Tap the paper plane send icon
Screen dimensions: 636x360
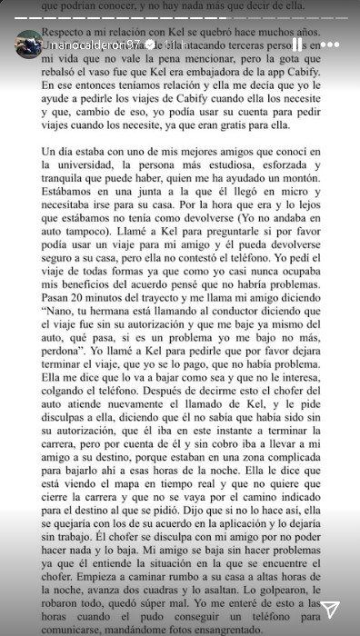[331, 609]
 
